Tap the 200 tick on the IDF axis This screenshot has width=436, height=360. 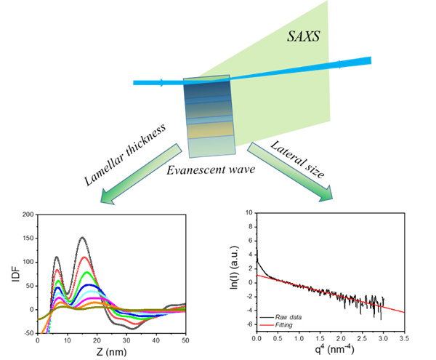click(27, 215)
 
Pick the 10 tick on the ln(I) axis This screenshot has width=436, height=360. click(248, 212)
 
